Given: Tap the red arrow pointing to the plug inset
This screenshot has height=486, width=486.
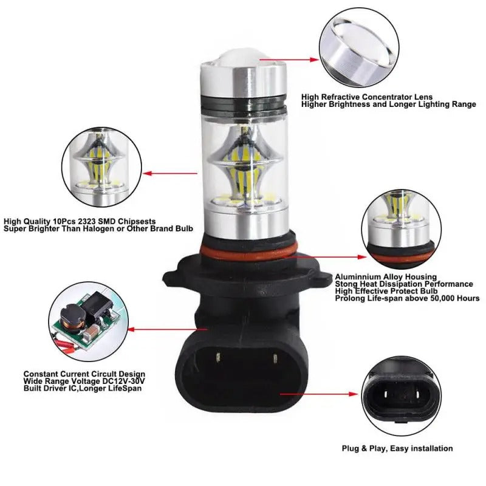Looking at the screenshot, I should pos(329,394).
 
